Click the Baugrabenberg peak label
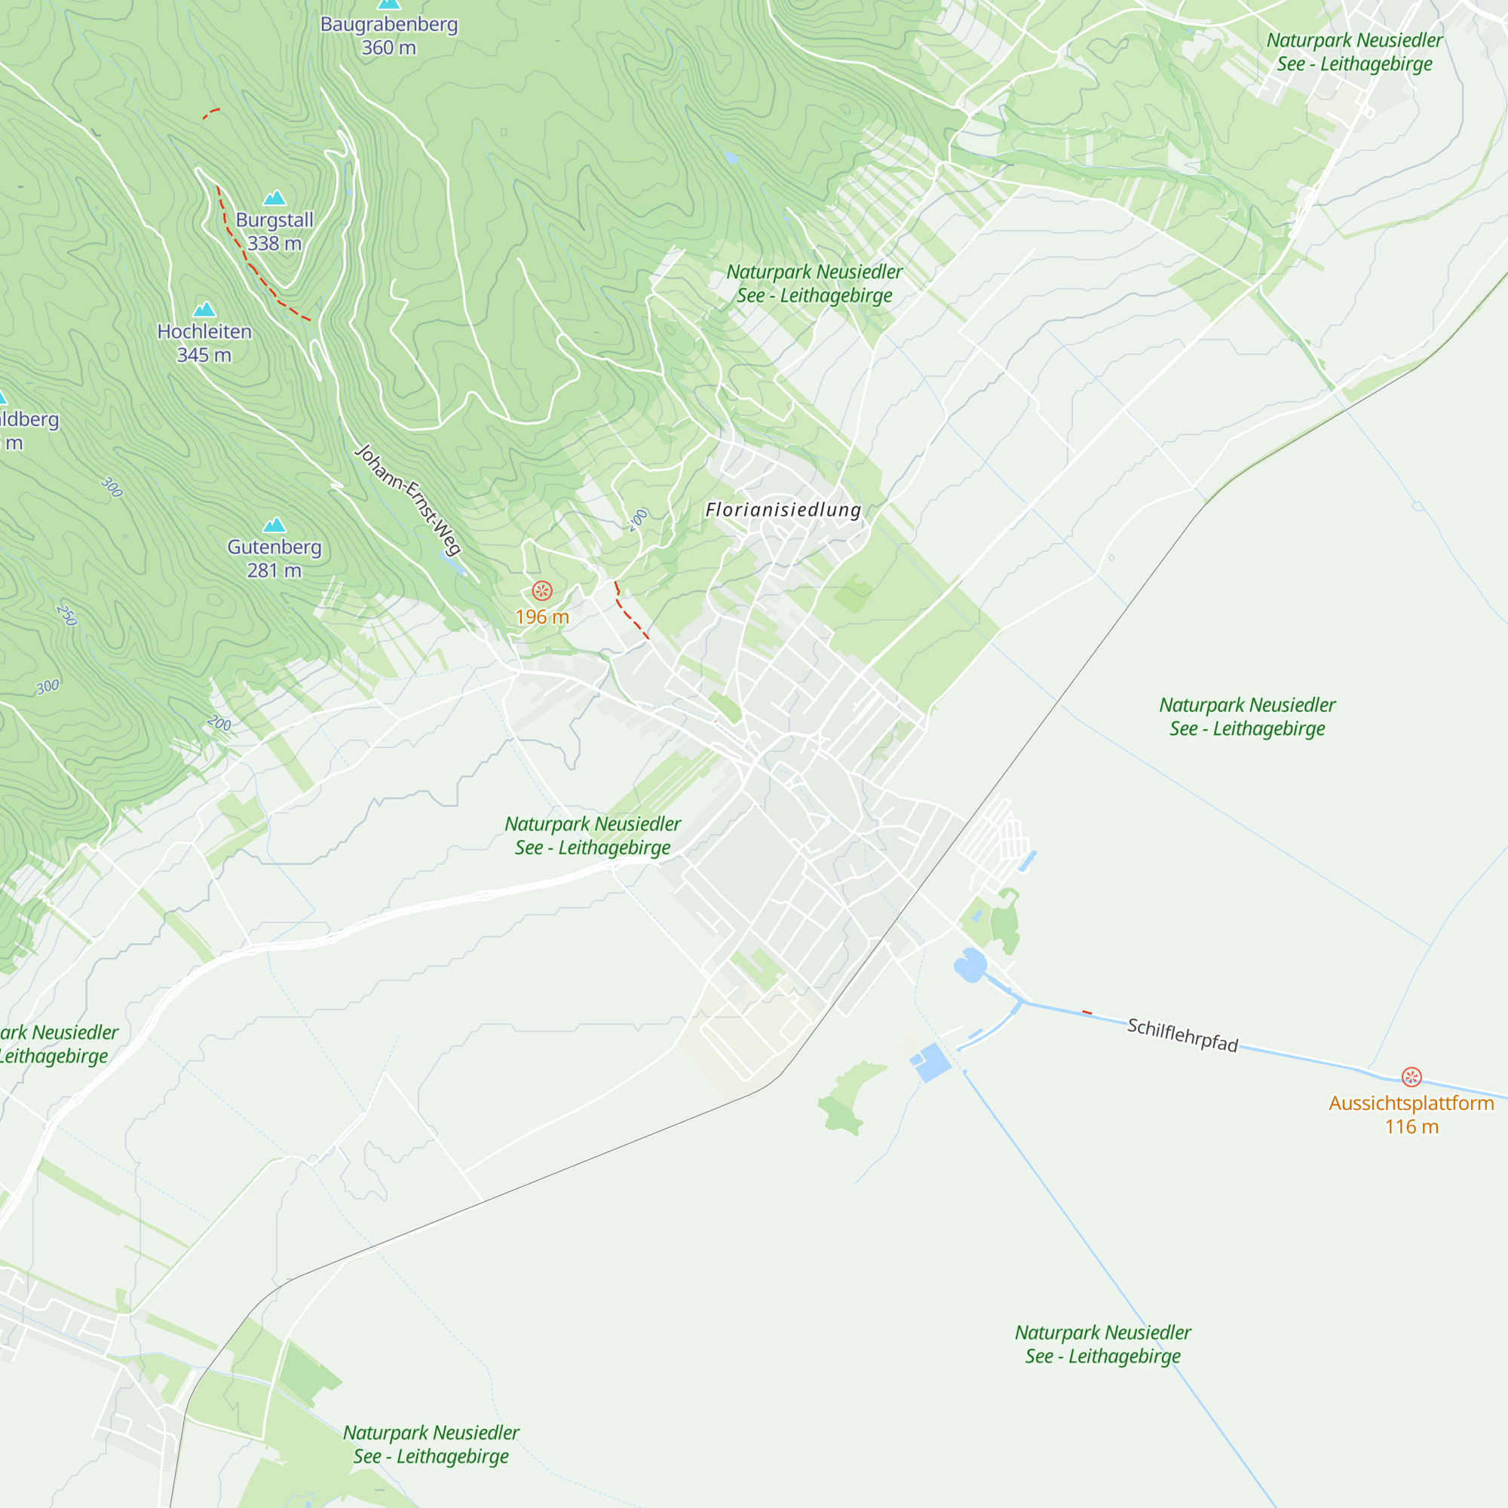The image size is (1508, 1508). [x=389, y=35]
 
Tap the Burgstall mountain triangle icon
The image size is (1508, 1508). [x=274, y=198]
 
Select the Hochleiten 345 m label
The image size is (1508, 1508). [x=204, y=342]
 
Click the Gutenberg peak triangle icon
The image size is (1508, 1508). [x=274, y=525]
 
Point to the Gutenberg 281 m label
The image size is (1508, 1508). [x=274, y=558]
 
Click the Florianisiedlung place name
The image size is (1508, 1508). [x=783, y=510]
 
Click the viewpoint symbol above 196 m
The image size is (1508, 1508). [x=542, y=590]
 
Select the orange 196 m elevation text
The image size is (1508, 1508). [x=542, y=617]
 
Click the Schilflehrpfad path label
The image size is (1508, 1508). [x=1182, y=1035]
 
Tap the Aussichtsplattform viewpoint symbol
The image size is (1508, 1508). [x=1411, y=1077]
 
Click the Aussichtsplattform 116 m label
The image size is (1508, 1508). [x=1411, y=1114]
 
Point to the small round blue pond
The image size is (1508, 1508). [x=970, y=965]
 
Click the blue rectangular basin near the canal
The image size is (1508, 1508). [x=931, y=1062]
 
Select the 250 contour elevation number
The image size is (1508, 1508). [x=67, y=615]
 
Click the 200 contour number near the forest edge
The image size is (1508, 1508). [x=219, y=723]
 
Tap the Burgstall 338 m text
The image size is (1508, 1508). [x=274, y=231]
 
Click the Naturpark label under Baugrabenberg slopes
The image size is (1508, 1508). [x=814, y=284]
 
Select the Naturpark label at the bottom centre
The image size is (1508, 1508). [x=431, y=1444]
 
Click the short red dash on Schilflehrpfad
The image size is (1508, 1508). [x=1087, y=1013]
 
